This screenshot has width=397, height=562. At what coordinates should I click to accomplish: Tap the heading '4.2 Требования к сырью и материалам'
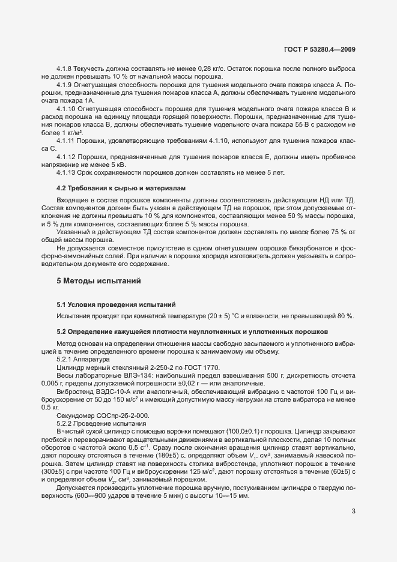(x=112, y=189)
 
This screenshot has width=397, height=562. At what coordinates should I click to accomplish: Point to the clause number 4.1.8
(x=64, y=70)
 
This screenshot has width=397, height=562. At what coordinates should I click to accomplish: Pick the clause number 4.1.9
(x=64, y=85)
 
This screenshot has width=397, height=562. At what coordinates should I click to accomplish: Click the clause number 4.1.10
(x=66, y=109)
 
